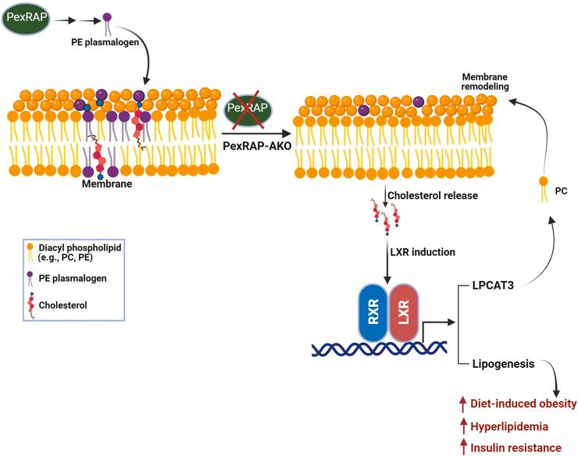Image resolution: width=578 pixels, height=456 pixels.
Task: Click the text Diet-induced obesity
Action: pyautogui.click(x=523, y=404)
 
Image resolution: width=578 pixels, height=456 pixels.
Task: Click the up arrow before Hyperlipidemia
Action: pyautogui.click(x=461, y=426)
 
